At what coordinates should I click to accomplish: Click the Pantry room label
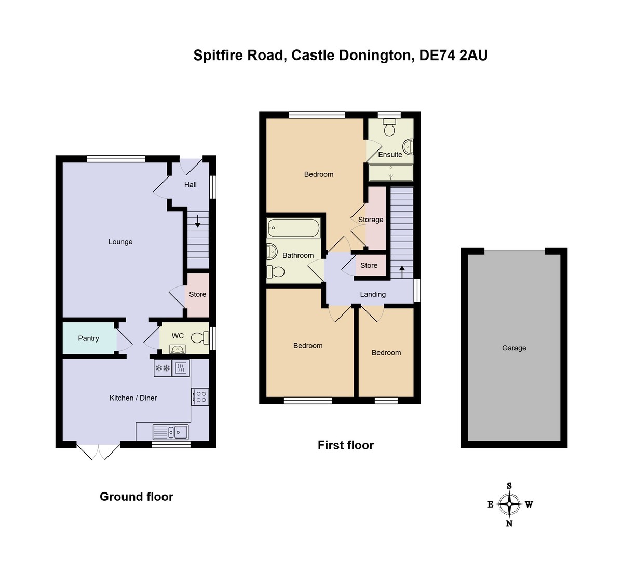[88, 338]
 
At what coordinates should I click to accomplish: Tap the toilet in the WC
[198, 338]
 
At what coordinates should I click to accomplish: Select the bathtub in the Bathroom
[293, 228]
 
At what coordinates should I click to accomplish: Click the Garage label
[514, 348]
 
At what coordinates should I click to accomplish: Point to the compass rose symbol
[509, 504]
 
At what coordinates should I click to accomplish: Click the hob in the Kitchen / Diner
[200, 397]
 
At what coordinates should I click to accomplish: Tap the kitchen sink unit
[170, 432]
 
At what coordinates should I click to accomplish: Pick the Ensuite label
[390, 155]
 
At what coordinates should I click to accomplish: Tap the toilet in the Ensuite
[389, 127]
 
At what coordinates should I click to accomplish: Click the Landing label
[373, 294]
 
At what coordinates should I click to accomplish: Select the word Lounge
[120, 242]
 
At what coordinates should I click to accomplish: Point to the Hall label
[191, 185]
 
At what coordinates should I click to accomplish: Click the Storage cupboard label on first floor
[371, 220]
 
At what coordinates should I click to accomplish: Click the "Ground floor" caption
[137, 497]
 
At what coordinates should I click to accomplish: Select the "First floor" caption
[346, 445]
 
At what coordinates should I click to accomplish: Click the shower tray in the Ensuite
[390, 173]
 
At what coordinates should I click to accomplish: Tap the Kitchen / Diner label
[133, 398]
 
